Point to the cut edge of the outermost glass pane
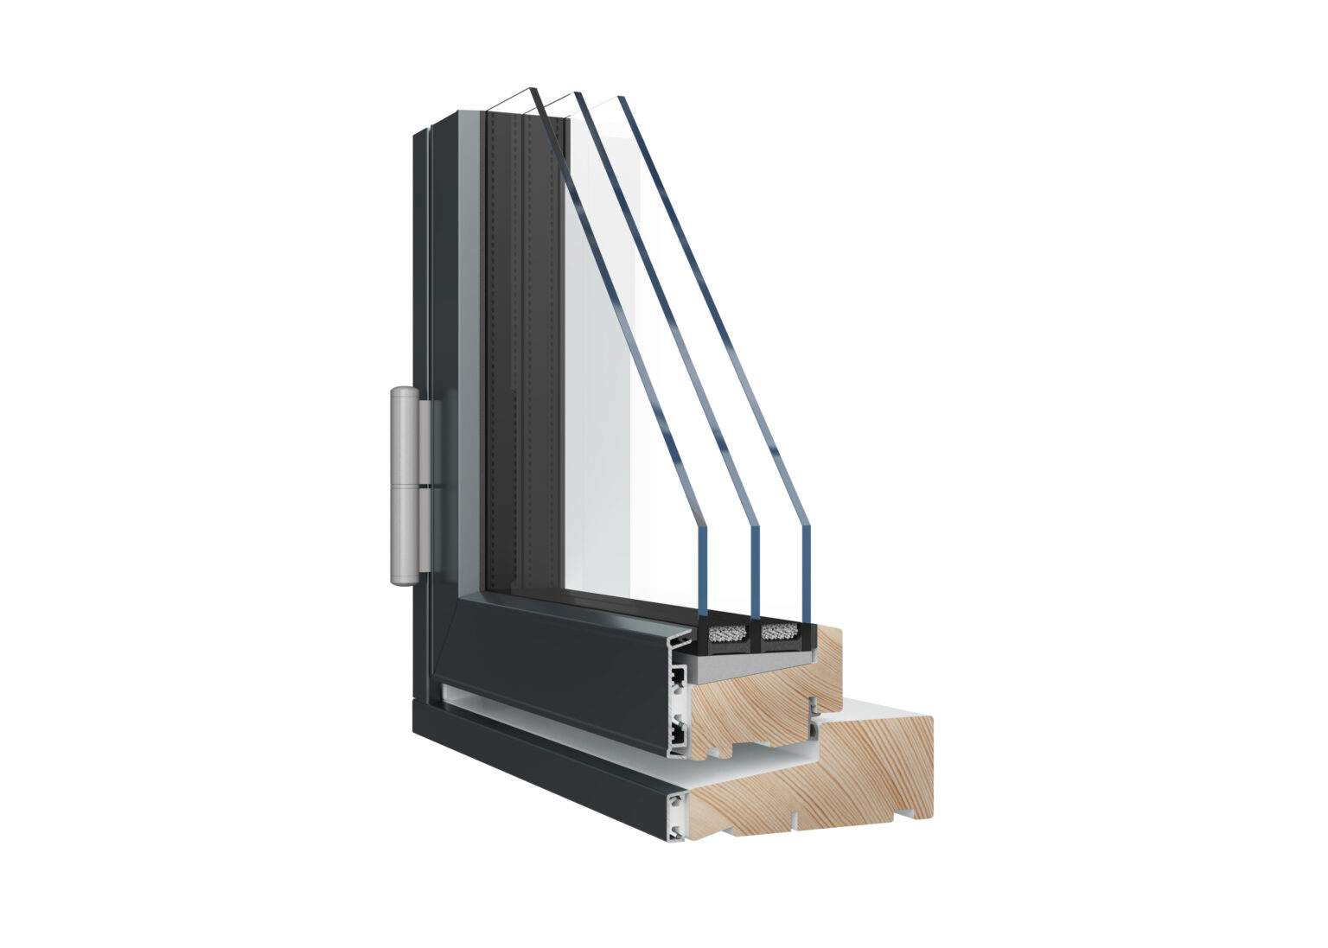pyautogui.click(x=701, y=570)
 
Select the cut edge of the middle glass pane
pyautogui.click(x=755, y=570)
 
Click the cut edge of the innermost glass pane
pyautogui.click(x=807, y=570)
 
